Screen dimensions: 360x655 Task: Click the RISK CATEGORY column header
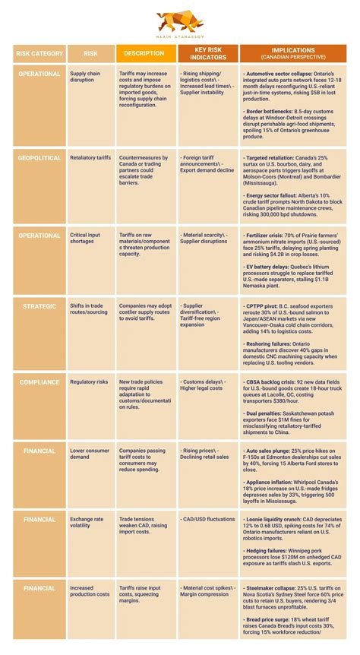tap(39, 53)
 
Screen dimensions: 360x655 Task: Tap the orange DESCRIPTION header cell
tap(144, 53)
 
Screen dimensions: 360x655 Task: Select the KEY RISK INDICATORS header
tap(204, 53)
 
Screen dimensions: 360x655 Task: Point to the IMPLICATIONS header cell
tap(288, 53)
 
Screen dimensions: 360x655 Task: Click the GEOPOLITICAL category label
tap(39, 157)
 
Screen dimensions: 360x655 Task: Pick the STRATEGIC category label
tap(39, 306)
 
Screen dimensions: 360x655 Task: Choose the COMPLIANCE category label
tap(39, 381)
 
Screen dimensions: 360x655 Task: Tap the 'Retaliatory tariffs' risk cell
tap(90, 157)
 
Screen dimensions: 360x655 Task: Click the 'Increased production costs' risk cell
tap(88, 592)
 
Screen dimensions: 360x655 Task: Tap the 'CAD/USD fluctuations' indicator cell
tap(207, 520)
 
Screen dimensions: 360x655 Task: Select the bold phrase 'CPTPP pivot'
tap(264, 306)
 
